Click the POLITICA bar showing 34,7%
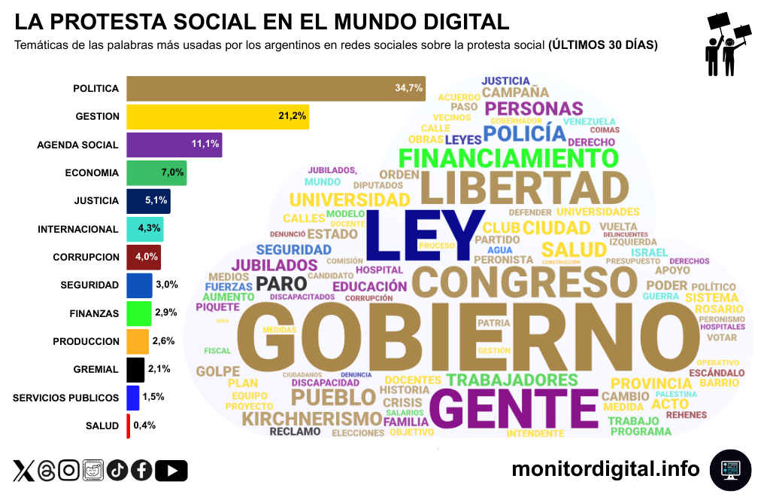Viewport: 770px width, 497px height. coord(275,88)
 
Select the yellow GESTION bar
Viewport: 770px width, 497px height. coord(217,116)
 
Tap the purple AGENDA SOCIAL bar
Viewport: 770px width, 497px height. coord(174,144)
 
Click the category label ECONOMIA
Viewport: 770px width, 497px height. coord(92,172)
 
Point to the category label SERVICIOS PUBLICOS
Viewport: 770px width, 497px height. coord(66,398)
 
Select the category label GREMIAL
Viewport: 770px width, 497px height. coord(96,369)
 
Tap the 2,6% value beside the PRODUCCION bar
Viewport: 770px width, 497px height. coord(163,341)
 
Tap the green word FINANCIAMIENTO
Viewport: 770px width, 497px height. coord(508,158)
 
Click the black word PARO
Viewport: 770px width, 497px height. coord(281,284)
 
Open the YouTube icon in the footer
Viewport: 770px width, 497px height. coord(171,471)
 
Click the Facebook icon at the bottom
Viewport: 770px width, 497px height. coord(141,471)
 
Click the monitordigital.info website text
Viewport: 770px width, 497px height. coord(605,469)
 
